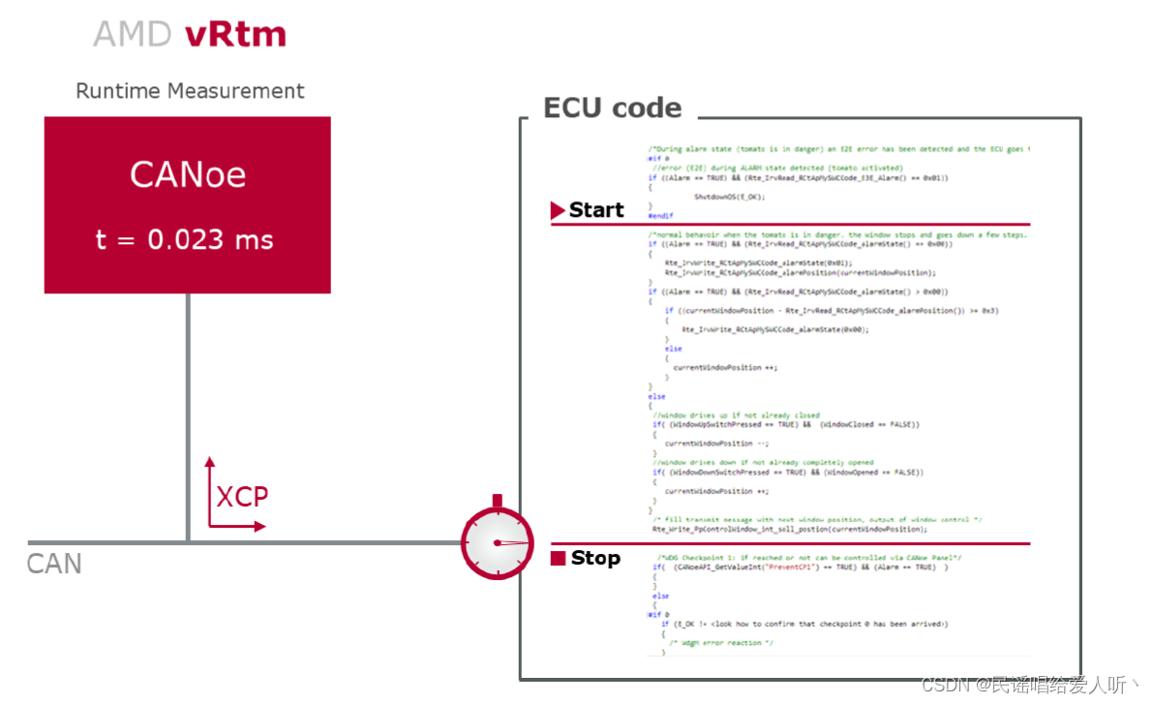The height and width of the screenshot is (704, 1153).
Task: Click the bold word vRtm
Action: click(235, 35)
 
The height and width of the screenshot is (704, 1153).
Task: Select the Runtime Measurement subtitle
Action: click(190, 91)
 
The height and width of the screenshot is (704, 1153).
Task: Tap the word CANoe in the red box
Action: click(188, 175)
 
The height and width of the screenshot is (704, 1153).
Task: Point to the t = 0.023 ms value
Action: click(184, 239)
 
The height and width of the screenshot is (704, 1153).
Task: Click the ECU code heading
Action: click(612, 107)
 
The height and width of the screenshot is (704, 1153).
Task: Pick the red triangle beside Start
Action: click(557, 210)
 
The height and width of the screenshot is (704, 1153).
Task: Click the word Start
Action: click(596, 210)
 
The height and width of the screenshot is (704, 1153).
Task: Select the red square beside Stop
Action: click(558, 559)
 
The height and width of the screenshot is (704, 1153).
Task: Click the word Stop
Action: click(595, 558)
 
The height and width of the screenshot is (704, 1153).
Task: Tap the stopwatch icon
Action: click(497, 543)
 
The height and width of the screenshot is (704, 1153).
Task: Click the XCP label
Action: click(242, 497)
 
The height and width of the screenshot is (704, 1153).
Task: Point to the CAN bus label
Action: click(54, 564)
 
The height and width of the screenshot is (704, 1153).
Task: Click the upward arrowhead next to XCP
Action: click(210, 464)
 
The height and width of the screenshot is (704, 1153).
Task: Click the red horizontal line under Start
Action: click(789, 225)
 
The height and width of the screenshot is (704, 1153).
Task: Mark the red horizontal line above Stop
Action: click(789, 544)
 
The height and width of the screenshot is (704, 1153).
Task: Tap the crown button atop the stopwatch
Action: click(497, 501)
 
